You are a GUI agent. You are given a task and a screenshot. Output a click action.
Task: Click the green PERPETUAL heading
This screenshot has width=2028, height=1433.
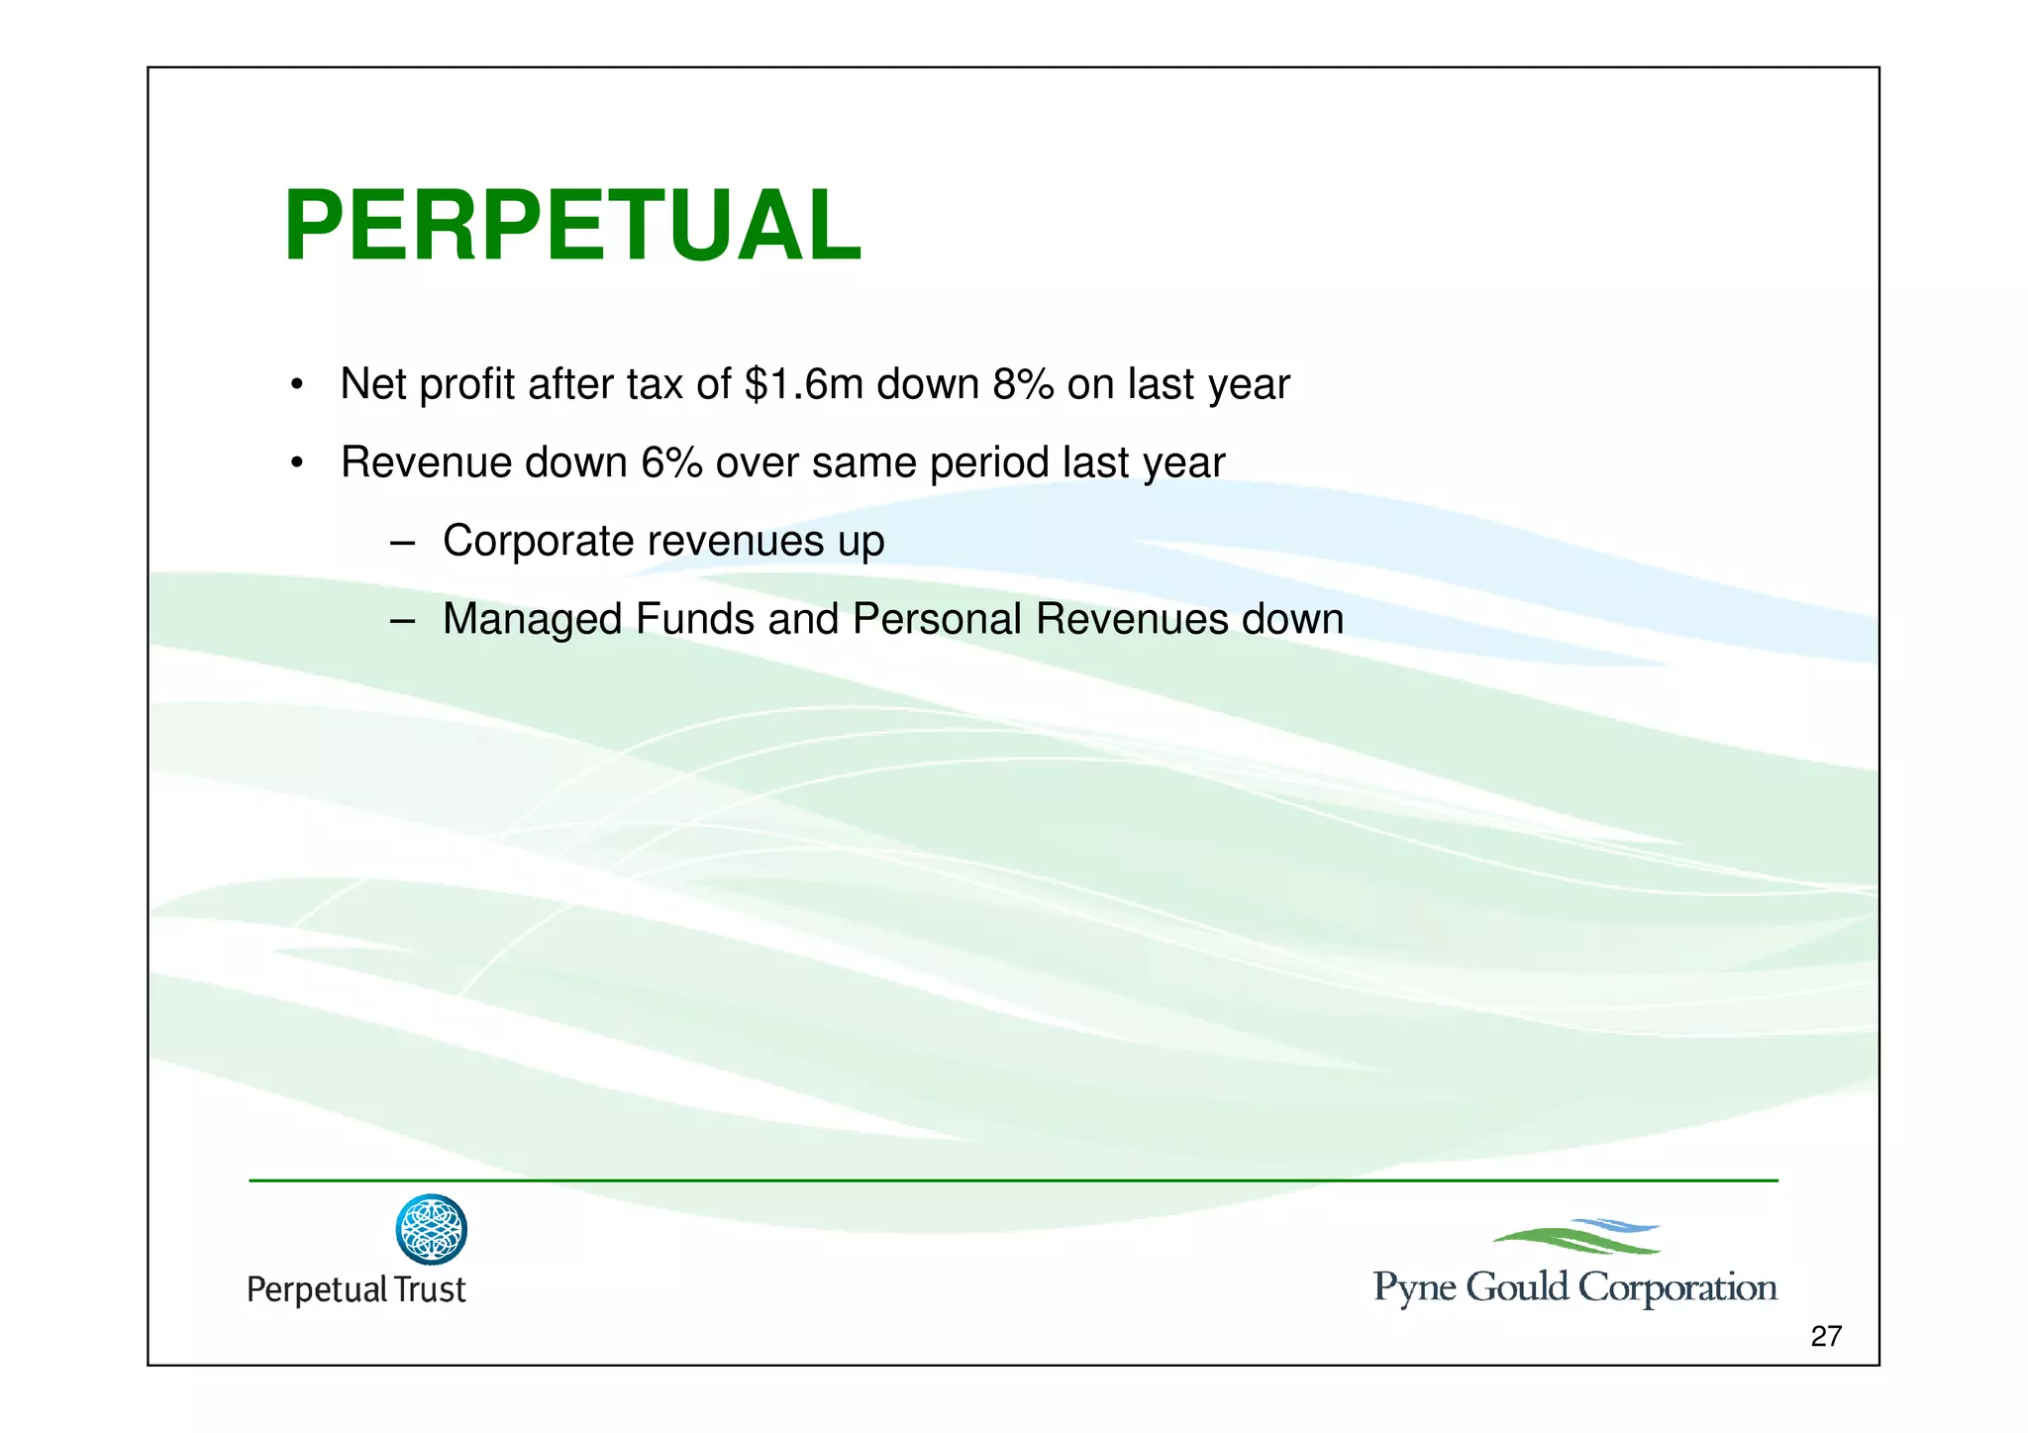[572, 227]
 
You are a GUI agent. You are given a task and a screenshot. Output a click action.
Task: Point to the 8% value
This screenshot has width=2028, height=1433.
[1023, 384]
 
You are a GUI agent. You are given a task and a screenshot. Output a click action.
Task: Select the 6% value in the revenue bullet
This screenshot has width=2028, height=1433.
[671, 462]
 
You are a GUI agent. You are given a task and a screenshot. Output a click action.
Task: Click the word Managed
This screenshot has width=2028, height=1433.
[532, 619]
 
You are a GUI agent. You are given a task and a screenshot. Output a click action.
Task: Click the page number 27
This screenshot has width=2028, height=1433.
[1825, 1336]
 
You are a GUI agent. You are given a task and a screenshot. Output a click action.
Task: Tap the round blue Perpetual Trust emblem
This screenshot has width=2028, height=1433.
[431, 1229]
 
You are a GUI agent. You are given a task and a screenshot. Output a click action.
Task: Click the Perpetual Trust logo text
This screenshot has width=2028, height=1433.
[355, 1289]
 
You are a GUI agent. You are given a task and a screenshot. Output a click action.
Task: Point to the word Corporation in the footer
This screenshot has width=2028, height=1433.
[1676, 1287]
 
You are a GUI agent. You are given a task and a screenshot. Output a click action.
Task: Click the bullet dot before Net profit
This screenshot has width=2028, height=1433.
[296, 385]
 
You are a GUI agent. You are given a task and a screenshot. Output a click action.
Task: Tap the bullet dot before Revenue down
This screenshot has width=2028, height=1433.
[296, 463]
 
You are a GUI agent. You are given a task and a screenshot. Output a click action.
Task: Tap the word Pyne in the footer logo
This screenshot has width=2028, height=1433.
[1414, 1287]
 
